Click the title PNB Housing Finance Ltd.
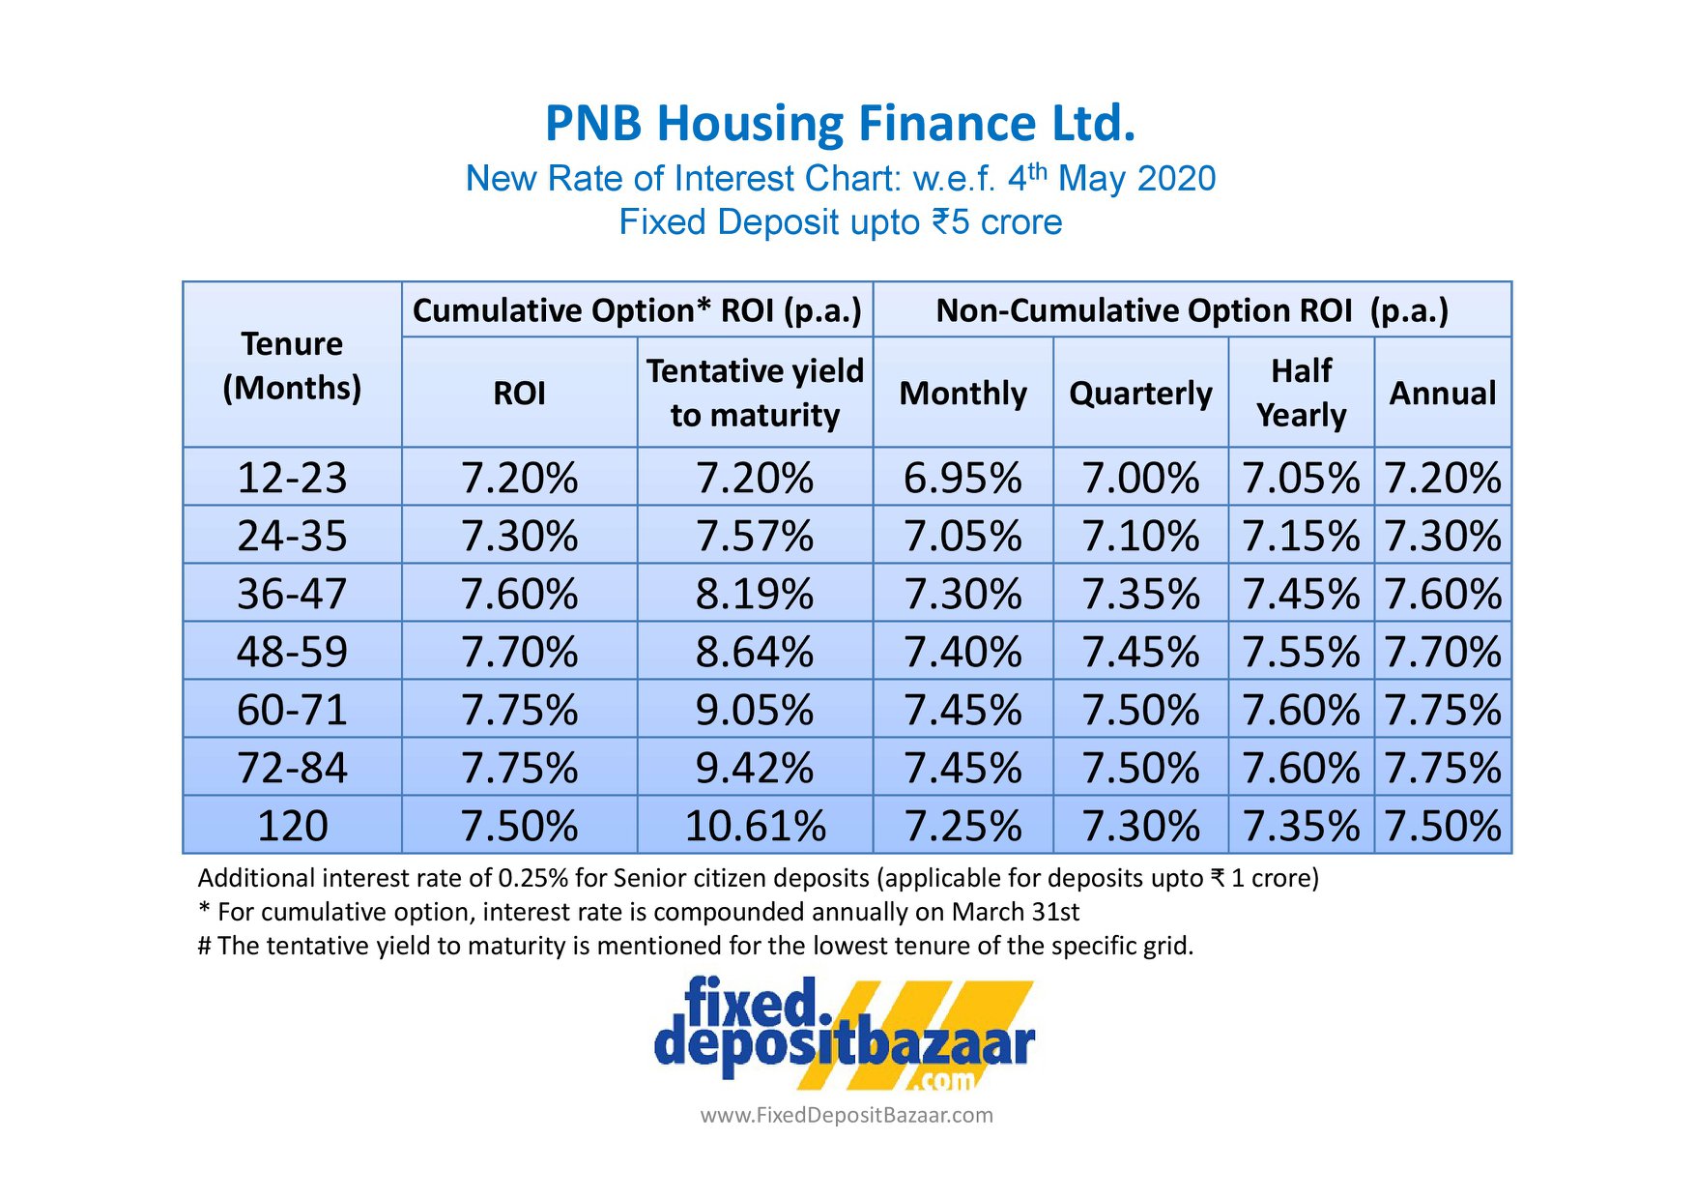[840, 124]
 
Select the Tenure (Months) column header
[292, 366]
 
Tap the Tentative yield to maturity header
[755, 393]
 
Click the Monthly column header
[962, 394]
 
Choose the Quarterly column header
[1140, 394]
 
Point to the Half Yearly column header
[1301, 393]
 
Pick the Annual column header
[1443, 394]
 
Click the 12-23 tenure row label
[292, 478]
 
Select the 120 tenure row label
[292, 826]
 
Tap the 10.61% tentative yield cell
[755, 826]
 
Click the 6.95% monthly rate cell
[962, 478]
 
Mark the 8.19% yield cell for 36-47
[755, 594]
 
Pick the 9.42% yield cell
[755, 768]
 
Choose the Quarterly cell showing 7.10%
[1140, 536]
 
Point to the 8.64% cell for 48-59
[755, 652]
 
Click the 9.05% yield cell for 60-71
[755, 710]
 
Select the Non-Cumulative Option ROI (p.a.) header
[1192, 310]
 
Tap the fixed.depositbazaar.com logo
[844, 1034]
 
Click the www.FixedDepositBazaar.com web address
[847, 1115]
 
